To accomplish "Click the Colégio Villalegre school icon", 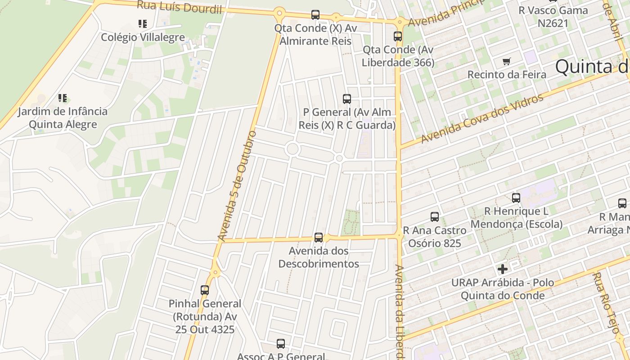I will (x=143, y=23).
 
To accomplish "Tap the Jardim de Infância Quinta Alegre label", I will (x=63, y=117).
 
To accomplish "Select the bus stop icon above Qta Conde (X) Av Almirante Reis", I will (x=315, y=15).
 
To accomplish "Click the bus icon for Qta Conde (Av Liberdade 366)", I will (x=398, y=36).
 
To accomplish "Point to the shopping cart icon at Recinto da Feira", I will (x=507, y=61).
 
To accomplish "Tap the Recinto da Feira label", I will (x=507, y=74).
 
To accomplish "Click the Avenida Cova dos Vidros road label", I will (x=482, y=119).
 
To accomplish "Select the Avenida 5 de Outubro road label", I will (x=237, y=185).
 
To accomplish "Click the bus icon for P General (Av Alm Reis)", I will (x=347, y=99).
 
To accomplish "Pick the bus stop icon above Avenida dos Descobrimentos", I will (x=319, y=237).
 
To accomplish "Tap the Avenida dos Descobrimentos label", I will (x=319, y=257).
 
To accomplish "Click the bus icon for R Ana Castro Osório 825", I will (x=435, y=217).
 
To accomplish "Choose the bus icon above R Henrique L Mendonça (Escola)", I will (x=516, y=198).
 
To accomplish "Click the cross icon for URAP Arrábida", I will (x=502, y=270).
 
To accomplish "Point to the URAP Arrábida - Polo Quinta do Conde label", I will (x=503, y=289).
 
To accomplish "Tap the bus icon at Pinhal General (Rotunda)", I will (x=205, y=290).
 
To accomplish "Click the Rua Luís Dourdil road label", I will (x=179, y=6).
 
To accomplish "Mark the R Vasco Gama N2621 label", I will (x=553, y=17).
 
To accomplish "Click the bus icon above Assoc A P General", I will (x=281, y=344).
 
